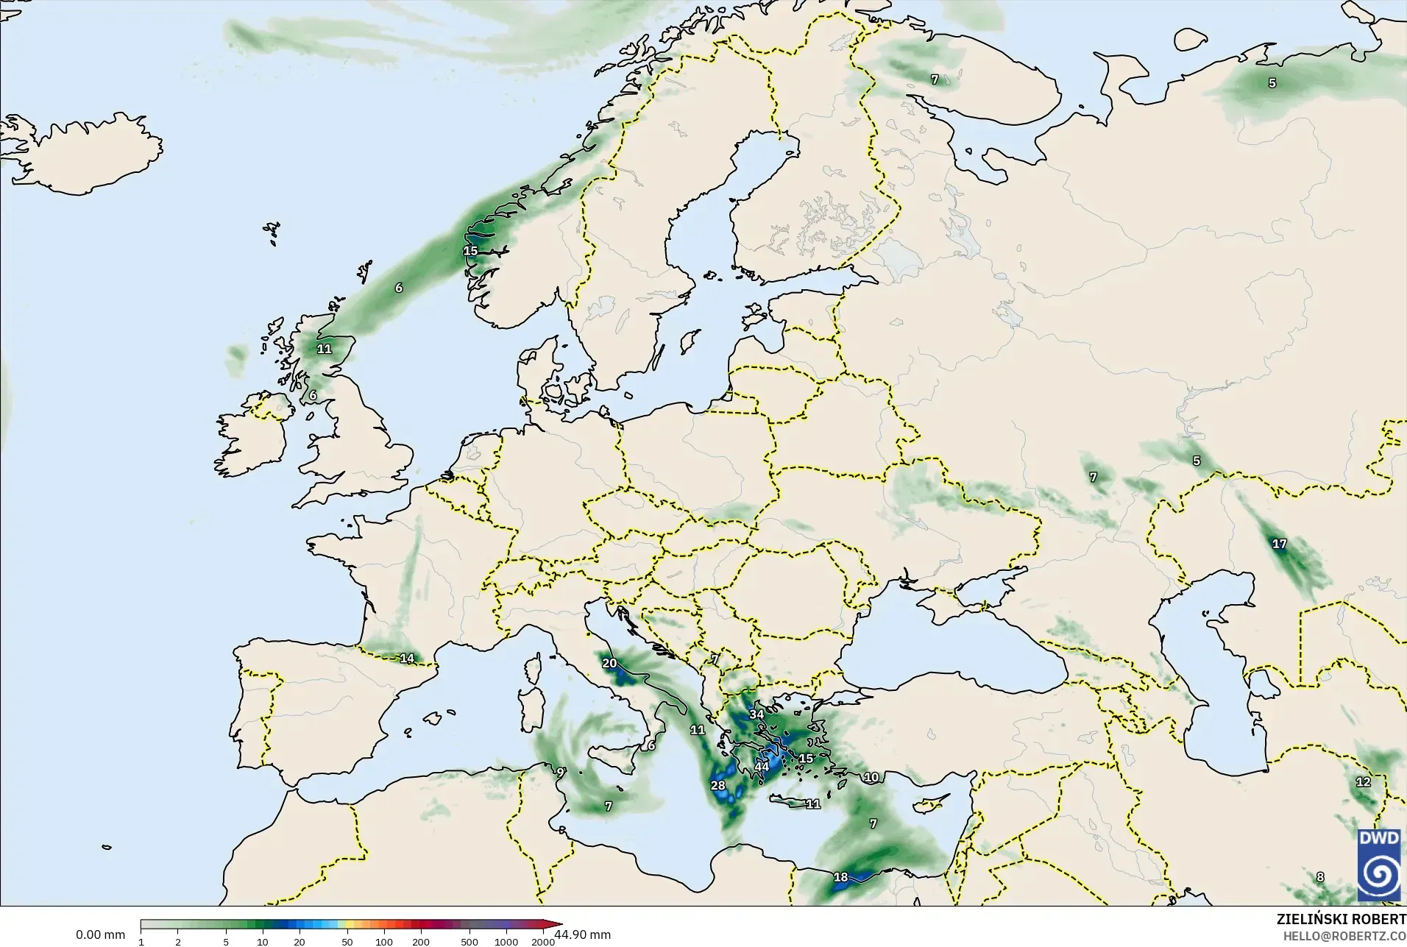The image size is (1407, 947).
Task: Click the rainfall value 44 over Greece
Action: coord(762,767)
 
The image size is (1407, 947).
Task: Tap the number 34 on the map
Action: coord(756,714)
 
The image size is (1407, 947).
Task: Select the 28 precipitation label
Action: coord(718,785)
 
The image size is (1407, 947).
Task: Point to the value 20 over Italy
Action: coord(609,663)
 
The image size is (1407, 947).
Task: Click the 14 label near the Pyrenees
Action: coord(407,659)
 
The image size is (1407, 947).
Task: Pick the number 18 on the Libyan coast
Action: coord(840,877)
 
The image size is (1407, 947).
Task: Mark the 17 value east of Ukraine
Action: coord(1280,544)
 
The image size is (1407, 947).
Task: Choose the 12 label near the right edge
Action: coord(1364,782)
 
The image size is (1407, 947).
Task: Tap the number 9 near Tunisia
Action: coord(560,773)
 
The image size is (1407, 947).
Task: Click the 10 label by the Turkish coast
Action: coord(871,777)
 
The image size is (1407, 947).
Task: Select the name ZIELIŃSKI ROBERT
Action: coord(1341,920)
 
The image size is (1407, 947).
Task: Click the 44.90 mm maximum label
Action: coord(582,934)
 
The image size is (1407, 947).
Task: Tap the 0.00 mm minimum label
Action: coord(100,934)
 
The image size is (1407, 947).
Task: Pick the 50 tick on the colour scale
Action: coord(347,942)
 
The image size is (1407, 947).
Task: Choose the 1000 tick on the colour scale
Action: coord(506,942)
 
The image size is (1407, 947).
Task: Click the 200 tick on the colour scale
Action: coord(421,942)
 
